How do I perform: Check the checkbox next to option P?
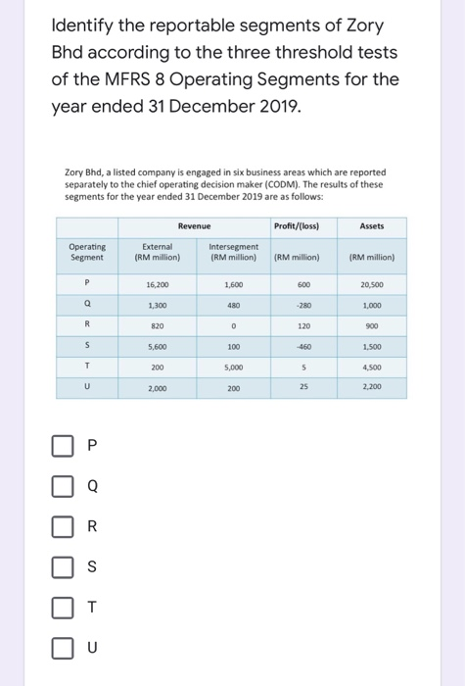[63, 446]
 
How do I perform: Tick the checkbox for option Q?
[63, 485]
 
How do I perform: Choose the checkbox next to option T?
[63, 607]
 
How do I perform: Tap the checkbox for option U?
[63, 647]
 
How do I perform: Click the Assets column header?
[371, 224]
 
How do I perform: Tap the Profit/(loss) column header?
[305, 224]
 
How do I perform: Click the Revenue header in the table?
[196, 224]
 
